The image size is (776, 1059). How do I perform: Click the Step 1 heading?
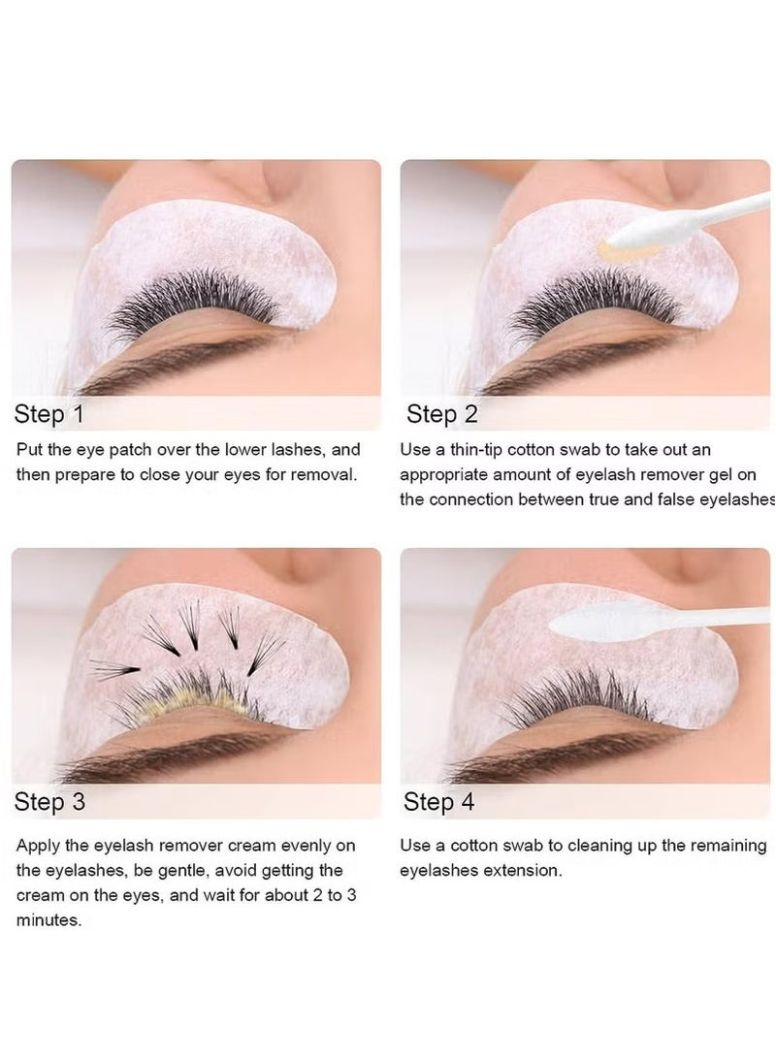pyautogui.click(x=49, y=415)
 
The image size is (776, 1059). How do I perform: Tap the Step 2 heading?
pyautogui.click(x=441, y=415)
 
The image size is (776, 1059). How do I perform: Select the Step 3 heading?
pyautogui.click(x=49, y=802)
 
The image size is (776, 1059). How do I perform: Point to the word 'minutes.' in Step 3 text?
pyautogui.click(x=48, y=920)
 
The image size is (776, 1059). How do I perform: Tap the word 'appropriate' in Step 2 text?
pyautogui.click(x=445, y=475)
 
